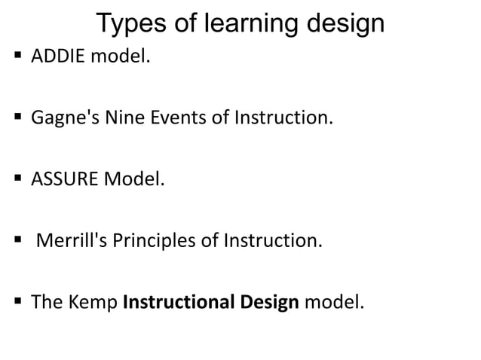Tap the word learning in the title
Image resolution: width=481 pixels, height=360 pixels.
245,23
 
